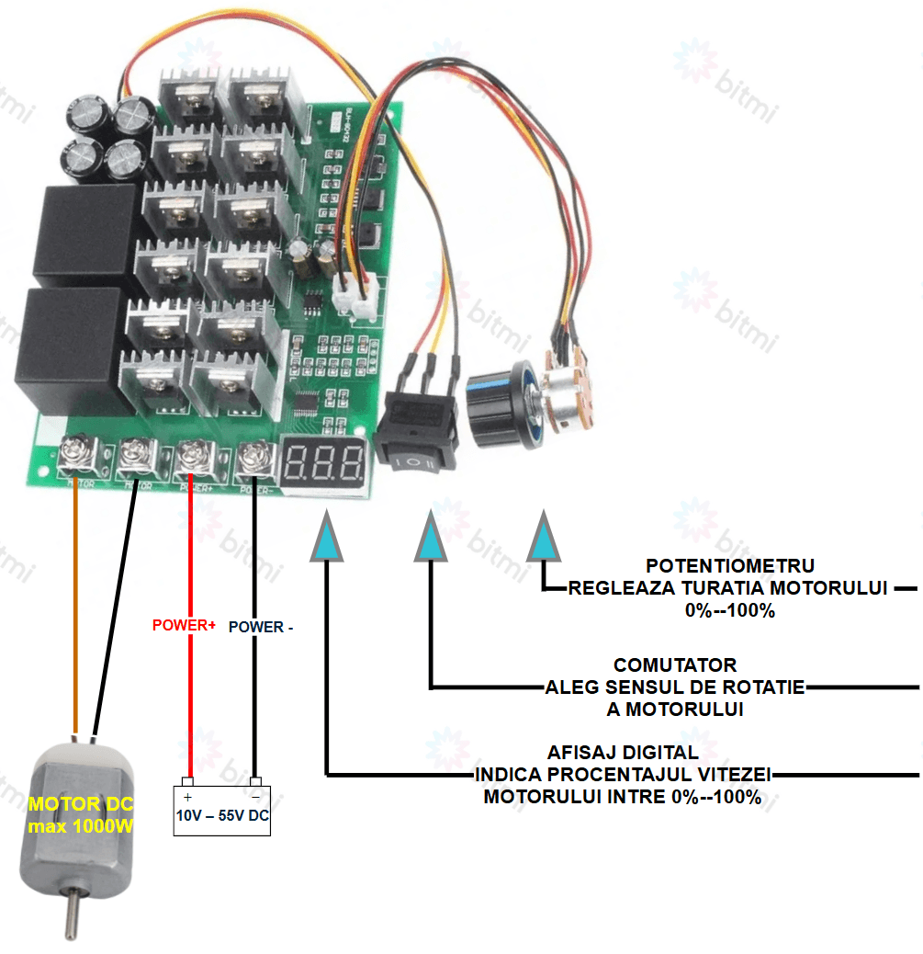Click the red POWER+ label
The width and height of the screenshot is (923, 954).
[184, 625]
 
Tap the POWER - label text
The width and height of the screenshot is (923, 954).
[261, 627]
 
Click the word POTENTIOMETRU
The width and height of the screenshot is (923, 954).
[730, 565]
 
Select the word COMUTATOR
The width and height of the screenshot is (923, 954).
[675, 664]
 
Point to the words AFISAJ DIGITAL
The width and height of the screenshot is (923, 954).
[623, 752]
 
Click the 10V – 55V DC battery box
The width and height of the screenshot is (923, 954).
[223, 809]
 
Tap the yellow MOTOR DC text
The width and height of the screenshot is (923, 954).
[81, 804]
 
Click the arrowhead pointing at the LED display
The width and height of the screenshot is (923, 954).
[327, 540]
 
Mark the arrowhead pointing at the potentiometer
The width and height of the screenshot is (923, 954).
[543, 540]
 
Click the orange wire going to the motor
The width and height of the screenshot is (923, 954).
[73, 597]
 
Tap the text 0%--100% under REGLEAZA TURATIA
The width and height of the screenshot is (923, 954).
[730, 610]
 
